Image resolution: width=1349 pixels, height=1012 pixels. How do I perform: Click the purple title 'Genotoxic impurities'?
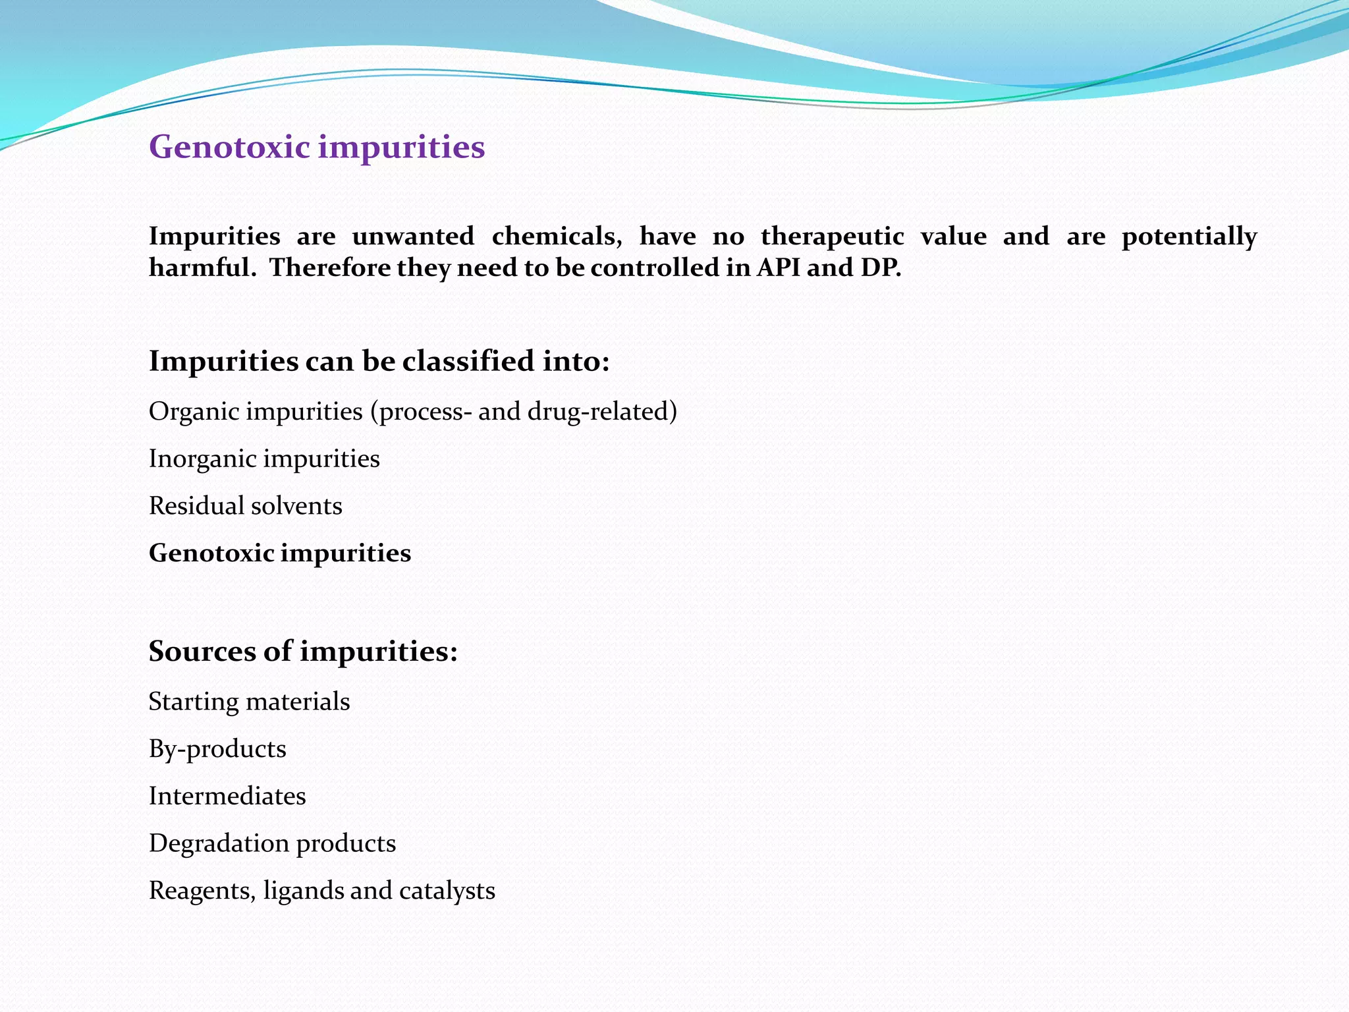point(317,146)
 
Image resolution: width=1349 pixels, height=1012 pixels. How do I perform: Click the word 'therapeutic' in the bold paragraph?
point(832,236)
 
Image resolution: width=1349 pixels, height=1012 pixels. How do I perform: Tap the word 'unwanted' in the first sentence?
point(413,236)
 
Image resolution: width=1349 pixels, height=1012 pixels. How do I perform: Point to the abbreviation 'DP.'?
point(881,267)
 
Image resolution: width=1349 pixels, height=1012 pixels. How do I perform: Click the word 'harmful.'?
point(202,267)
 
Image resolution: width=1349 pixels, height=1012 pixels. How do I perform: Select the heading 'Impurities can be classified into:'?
point(379,361)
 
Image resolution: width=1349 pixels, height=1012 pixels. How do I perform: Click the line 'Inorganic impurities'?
point(264,459)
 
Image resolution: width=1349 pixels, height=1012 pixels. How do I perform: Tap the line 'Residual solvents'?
point(245,506)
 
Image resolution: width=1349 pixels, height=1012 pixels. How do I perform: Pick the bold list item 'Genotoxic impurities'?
point(279,553)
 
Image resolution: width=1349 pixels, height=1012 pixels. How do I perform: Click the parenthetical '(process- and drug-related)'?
point(524,412)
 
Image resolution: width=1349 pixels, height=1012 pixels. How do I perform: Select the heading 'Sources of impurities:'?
point(303,651)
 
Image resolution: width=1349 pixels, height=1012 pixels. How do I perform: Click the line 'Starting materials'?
point(249,702)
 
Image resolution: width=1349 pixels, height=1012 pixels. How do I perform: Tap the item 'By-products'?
point(217,749)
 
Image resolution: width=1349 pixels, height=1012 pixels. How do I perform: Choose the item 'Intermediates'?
point(227,796)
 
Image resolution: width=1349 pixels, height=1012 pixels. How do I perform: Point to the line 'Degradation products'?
point(272,843)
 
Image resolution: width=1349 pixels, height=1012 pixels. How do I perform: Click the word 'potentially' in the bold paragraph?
point(1189,237)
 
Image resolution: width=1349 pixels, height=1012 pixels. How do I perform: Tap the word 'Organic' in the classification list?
point(194,412)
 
